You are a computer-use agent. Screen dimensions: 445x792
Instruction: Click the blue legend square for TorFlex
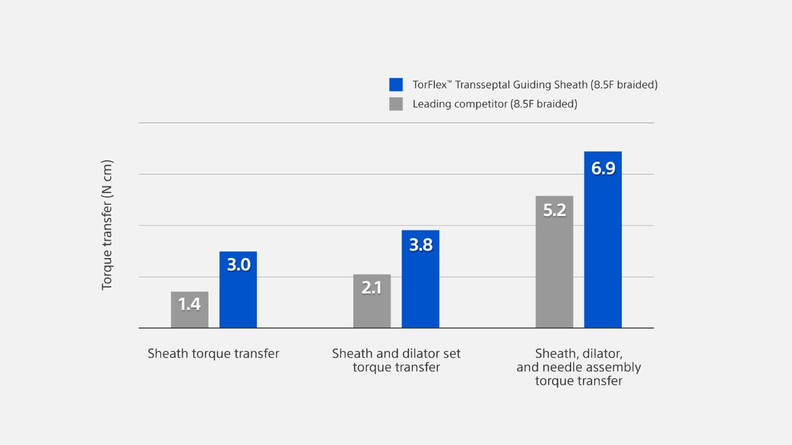(396, 85)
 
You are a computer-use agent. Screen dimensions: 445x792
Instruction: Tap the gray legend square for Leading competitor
(396, 104)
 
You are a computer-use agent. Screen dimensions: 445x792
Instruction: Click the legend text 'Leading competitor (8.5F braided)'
(494, 104)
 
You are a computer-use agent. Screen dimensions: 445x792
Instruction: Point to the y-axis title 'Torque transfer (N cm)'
(107, 225)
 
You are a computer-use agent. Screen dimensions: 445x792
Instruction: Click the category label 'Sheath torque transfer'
(213, 353)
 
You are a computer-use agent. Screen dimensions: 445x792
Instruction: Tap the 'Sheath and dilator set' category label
(396, 353)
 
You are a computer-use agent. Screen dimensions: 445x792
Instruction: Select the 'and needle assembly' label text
(579, 368)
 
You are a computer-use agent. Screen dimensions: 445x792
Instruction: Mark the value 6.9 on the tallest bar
(603, 168)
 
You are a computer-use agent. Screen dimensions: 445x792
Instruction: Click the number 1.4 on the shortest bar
(189, 304)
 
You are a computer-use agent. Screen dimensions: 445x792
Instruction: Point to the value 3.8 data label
(420, 245)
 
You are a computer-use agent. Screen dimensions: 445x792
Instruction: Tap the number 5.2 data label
(554, 210)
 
